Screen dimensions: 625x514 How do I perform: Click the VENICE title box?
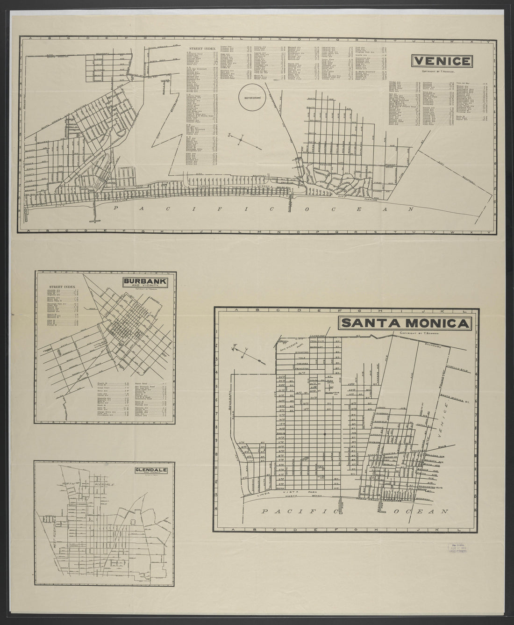[x=442, y=61]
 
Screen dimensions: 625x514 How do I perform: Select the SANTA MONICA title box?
[x=405, y=323]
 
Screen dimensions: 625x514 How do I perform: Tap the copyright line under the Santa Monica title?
[x=417, y=333]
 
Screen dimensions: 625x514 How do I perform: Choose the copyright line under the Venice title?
[x=441, y=72]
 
